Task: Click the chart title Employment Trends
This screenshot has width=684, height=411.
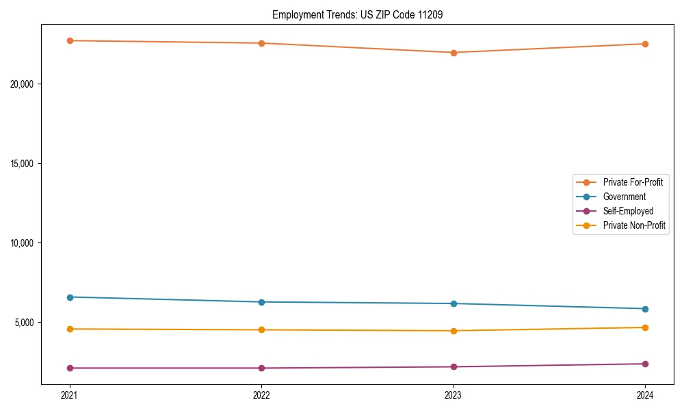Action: (357, 14)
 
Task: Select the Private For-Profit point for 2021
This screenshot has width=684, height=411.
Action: (70, 40)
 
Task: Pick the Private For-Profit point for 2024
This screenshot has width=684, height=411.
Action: (645, 44)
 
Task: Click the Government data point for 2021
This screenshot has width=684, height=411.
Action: (70, 297)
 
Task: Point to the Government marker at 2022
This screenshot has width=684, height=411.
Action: (261, 302)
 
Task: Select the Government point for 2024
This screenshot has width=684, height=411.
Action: (645, 309)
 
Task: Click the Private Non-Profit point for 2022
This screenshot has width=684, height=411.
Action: (261, 330)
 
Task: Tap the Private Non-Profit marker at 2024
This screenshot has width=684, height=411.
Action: (645, 327)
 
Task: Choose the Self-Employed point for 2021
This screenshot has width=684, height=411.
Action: (70, 368)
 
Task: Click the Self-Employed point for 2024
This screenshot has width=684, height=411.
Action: (645, 364)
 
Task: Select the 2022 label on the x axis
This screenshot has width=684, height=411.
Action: (261, 395)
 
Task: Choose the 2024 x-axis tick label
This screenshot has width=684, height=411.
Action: (645, 395)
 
